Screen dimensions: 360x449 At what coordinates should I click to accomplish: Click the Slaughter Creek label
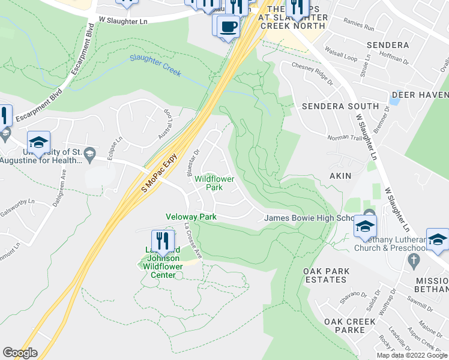pos(155,65)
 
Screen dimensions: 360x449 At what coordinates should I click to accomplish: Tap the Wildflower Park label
pos(214,183)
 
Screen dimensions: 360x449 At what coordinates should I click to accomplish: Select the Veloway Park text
pos(190,216)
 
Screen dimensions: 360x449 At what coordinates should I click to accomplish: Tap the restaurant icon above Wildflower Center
pos(163,241)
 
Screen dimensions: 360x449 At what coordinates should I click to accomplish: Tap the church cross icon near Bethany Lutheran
pos(412,260)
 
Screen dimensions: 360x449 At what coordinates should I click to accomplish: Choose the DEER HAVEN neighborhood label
pos(420,95)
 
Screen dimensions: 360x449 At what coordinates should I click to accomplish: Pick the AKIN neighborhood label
pos(340,176)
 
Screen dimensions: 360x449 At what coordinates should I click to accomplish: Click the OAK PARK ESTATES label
pos(326,276)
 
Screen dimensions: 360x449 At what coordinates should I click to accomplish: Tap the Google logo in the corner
pos(20,353)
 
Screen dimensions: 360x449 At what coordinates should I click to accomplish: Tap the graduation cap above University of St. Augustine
pos(38,142)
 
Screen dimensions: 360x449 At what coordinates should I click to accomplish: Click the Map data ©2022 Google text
pos(412,355)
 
